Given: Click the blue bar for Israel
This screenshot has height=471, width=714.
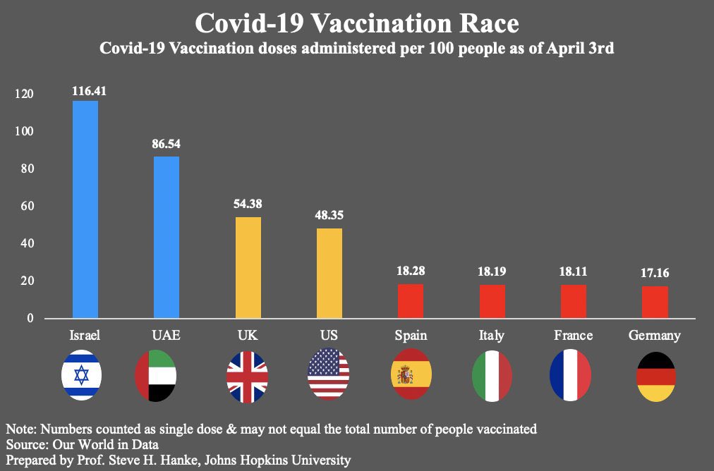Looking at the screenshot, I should coord(85,209).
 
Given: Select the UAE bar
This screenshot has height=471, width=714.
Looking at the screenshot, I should coord(167,237).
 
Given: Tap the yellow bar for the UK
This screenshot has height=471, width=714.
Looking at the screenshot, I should coord(248,267).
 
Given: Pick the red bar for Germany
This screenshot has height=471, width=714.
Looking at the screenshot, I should coord(655,302).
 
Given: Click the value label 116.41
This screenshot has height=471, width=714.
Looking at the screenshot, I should coord(89,91).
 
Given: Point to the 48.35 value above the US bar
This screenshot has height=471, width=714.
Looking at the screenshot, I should coord(329,215).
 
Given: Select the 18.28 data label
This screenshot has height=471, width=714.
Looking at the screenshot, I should coord(411,271).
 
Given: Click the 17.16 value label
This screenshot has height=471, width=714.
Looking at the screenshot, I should coord(655,273).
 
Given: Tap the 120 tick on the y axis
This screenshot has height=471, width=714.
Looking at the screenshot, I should coord(24,94).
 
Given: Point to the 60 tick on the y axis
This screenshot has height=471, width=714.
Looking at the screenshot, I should coord(26,207).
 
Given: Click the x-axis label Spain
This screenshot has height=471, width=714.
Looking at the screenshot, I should coord(411,335).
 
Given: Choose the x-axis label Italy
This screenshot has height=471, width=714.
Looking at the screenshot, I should coord(492,335).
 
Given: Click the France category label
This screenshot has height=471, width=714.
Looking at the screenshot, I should coord(574,335).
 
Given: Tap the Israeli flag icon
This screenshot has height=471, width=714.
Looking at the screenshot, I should coord(82,374).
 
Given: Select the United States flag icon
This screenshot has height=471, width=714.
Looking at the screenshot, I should coord(329,374).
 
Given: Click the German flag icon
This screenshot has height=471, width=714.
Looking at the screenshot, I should coord(655,376).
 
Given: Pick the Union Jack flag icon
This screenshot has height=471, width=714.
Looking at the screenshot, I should coord(247,374).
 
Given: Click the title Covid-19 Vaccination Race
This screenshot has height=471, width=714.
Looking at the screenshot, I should coord(356,23).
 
